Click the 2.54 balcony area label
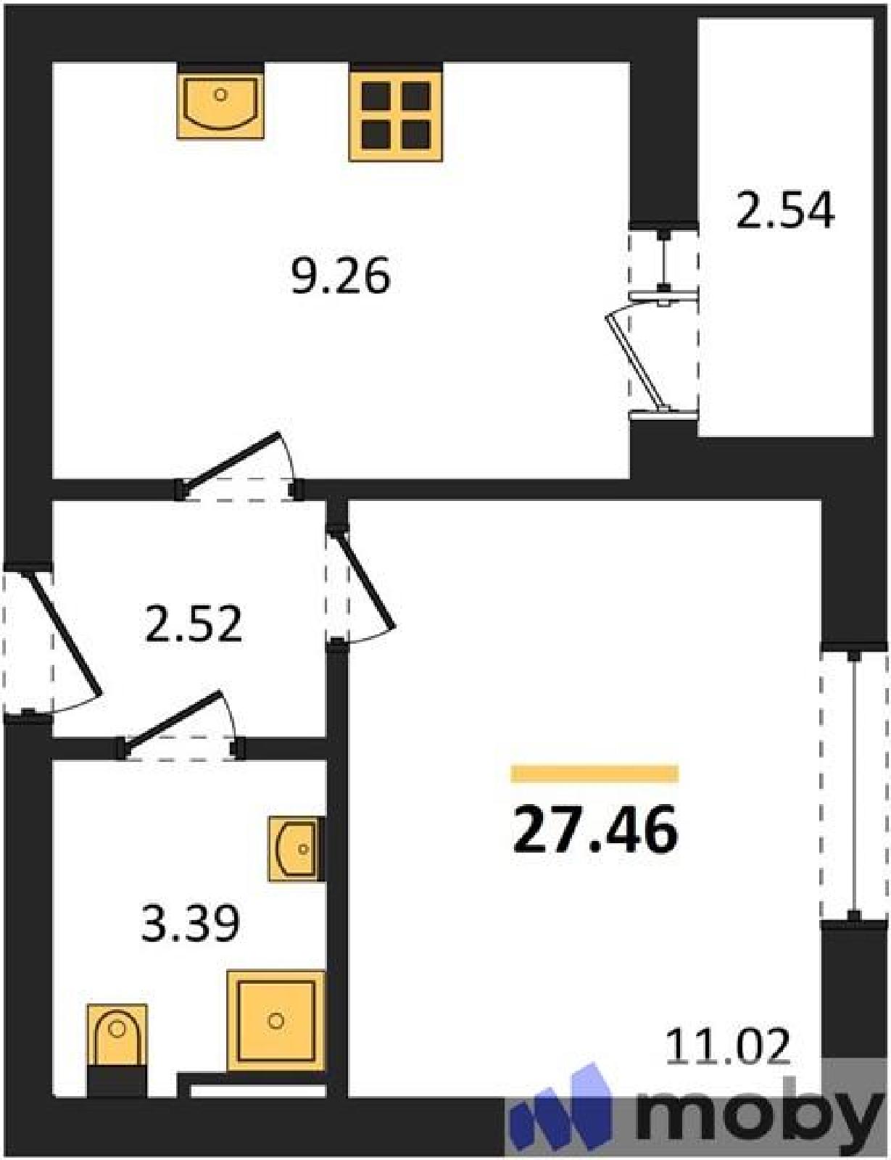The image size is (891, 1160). (x=784, y=212)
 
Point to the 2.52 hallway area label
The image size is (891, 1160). (x=194, y=624)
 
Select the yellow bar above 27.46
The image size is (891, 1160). (x=594, y=774)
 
